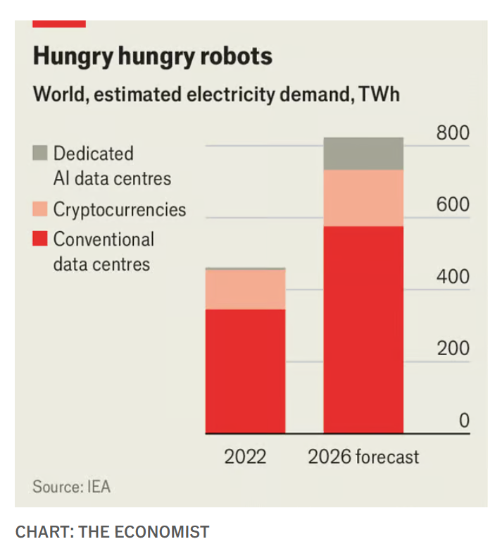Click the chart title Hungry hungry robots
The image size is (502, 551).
152,56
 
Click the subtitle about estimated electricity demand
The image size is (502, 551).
215,94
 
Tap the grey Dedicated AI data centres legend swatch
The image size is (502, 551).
39,153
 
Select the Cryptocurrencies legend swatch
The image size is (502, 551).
39,209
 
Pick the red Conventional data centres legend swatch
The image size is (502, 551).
39,239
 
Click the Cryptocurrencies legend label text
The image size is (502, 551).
120,209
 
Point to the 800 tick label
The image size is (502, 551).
453,133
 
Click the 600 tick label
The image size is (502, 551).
453,205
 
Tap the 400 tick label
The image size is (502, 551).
453,277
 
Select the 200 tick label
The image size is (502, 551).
453,349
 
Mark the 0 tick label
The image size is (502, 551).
463,421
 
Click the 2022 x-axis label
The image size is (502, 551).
245,457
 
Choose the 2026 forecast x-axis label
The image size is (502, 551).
363,457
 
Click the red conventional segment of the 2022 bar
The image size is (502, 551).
245,371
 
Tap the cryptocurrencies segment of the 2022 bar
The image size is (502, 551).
245,289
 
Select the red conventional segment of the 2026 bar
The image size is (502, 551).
363,329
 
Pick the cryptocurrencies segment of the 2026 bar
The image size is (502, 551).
363,198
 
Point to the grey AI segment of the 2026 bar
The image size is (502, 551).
363,154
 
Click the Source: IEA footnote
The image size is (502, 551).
71,487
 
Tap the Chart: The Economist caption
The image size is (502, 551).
113,531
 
